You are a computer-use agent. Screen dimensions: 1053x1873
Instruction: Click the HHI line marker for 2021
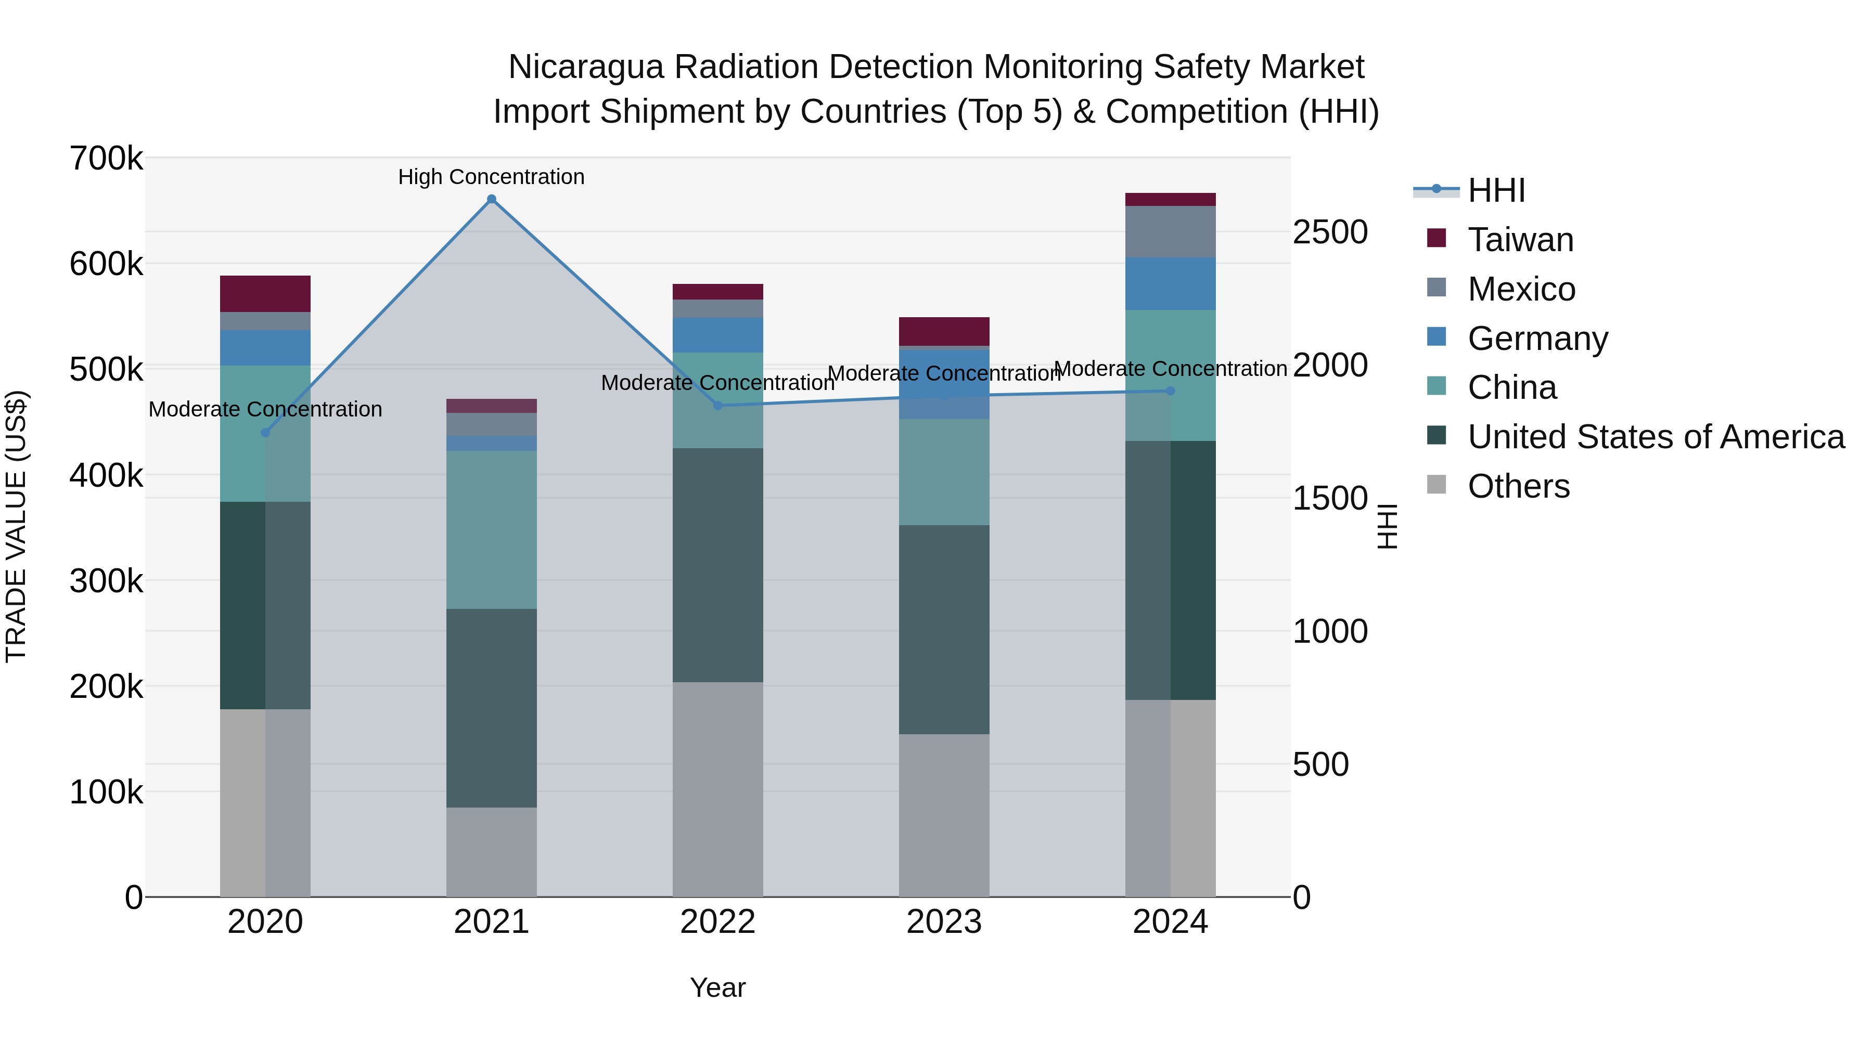tap(492, 199)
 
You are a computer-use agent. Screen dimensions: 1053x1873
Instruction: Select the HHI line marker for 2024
tap(1170, 391)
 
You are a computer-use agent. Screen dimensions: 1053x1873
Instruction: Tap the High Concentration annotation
tap(492, 177)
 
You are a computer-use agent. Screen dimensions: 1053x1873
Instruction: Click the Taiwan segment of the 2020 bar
tap(265, 294)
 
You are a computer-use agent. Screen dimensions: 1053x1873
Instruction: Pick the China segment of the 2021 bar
tap(492, 530)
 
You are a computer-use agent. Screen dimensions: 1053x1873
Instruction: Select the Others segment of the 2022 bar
tap(717, 789)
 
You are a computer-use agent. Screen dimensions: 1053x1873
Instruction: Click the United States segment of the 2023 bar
tap(944, 629)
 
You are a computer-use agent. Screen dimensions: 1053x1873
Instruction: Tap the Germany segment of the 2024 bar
tap(1170, 283)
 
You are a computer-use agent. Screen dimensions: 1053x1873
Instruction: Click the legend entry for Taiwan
tap(1520, 240)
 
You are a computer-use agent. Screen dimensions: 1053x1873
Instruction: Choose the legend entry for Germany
tap(1537, 339)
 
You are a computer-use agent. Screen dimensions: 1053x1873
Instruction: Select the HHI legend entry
tap(1496, 190)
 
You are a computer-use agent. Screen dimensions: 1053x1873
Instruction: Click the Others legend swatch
tap(1436, 485)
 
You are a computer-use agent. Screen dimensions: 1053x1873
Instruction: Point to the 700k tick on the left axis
tap(106, 159)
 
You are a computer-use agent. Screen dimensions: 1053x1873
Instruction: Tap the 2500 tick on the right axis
tap(1330, 232)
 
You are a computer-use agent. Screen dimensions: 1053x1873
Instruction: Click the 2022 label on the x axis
tap(717, 922)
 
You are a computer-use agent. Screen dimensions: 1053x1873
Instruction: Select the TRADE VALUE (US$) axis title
tap(16, 526)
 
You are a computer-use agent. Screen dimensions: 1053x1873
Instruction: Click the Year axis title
tap(717, 987)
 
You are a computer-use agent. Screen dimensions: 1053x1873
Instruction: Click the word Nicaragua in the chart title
tap(586, 67)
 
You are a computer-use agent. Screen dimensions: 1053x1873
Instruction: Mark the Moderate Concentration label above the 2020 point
tap(265, 409)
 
